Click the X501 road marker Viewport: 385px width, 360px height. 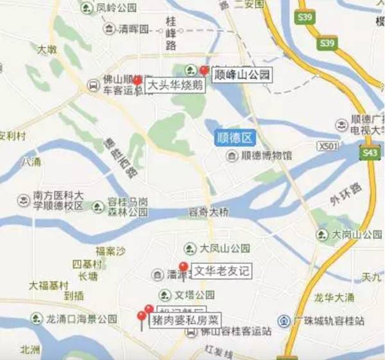coord(327,147)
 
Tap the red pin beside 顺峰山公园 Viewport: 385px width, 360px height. coord(205,70)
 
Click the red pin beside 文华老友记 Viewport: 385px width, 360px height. coord(184,267)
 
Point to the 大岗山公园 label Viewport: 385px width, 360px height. coord(353,235)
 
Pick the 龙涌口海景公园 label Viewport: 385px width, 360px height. coord(81,318)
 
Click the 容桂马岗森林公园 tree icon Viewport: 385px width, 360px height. coord(98,207)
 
